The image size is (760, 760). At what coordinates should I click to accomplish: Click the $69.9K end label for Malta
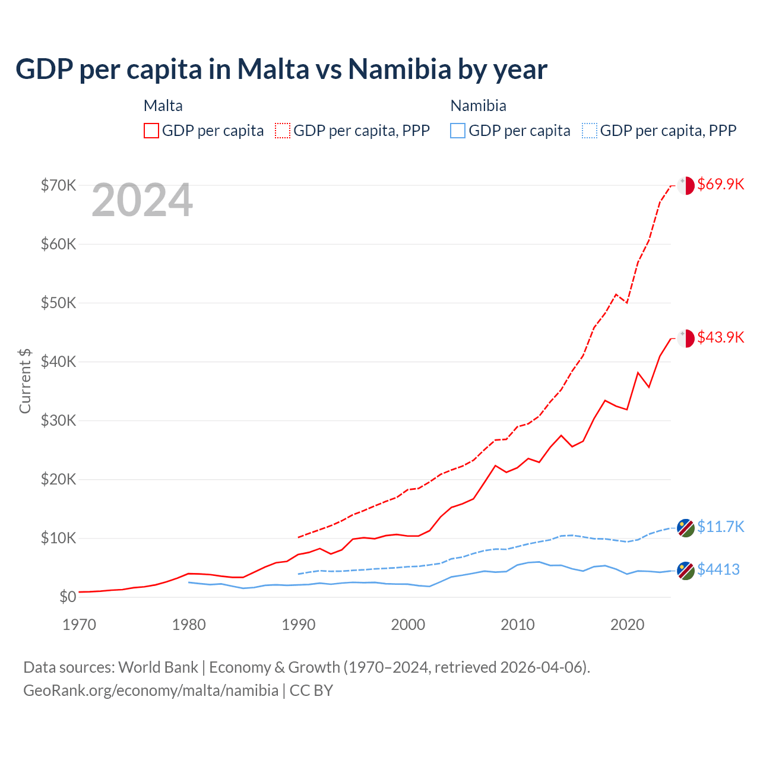(720, 184)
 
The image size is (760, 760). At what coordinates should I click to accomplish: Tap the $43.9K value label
(720, 337)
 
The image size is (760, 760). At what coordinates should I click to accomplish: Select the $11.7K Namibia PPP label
(720, 527)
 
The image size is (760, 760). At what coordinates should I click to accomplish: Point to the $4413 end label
(718, 569)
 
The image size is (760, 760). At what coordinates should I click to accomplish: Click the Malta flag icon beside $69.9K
(686, 185)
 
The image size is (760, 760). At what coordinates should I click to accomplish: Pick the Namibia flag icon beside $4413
(686, 571)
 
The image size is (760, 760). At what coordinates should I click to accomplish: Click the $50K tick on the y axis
(58, 303)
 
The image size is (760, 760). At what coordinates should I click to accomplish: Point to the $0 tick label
(68, 597)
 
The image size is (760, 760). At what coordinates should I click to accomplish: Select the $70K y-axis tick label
(58, 185)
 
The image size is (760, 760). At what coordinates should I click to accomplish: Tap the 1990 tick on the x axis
(299, 625)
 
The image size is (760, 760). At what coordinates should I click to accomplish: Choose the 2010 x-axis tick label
(518, 625)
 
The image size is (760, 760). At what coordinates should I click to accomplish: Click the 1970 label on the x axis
(80, 625)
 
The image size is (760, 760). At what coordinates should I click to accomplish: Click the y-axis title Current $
(25, 381)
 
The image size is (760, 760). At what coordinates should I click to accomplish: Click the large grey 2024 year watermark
(142, 201)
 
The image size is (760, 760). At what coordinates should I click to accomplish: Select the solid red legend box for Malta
(151, 131)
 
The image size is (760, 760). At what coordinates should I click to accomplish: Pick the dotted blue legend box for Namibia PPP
(590, 131)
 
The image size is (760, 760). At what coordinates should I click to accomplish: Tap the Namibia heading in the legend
(478, 106)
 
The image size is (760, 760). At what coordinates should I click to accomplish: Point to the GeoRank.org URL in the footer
(151, 691)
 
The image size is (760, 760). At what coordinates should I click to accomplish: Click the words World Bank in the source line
(158, 667)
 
